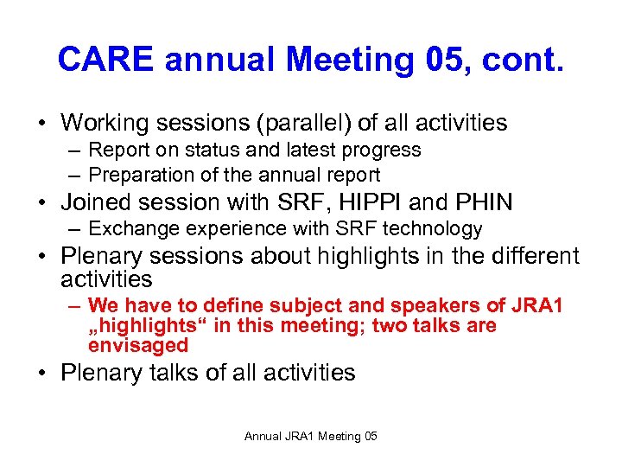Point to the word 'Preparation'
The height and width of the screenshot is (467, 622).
pyautogui.click(x=139, y=176)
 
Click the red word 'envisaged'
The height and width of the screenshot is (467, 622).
pyautogui.click(x=138, y=345)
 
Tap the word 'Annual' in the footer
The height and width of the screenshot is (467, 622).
pyautogui.click(x=263, y=436)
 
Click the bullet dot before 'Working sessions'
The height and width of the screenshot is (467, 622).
pyautogui.click(x=42, y=124)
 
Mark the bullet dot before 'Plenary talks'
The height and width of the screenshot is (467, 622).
pyautogui.click(x=42, y=374)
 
